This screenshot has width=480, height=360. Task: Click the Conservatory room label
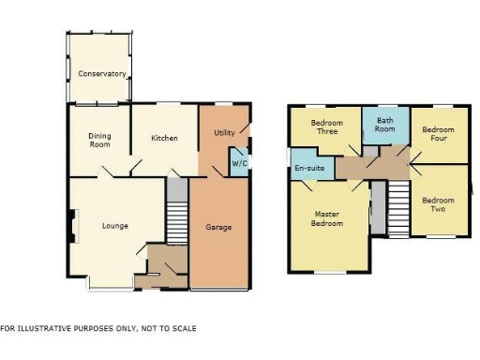pos(102,73)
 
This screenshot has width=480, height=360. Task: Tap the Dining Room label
pos(99,140)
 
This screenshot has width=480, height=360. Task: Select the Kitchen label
pos(165,139)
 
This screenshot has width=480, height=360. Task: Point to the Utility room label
pos(224,132)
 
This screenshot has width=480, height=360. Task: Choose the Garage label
pos(218,227)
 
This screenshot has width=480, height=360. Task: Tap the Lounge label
pos(115,226)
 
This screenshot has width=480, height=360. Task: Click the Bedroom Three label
pos(324,127)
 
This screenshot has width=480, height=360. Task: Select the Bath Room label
pos(384,126)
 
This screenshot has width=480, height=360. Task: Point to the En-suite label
pos(309,169)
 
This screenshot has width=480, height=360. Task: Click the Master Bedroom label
pos(328,218)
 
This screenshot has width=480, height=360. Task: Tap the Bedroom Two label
pos(437,204)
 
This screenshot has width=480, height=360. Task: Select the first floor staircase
pos(399,208)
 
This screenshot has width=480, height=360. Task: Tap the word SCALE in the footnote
pos(184,329)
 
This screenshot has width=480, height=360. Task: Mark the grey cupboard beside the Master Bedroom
pos(377,206)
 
